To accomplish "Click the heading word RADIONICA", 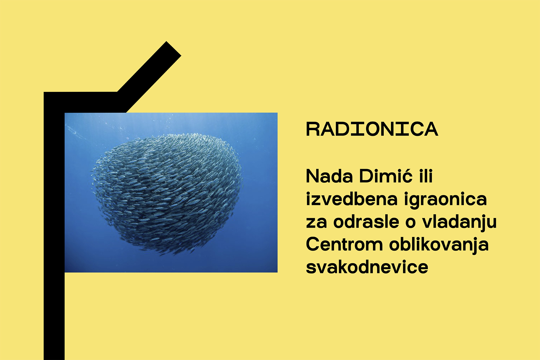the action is tap(372, 129).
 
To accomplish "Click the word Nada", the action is tap(329, 176).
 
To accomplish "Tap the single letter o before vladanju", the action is tap(410, 223).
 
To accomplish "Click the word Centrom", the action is tap(345, 244).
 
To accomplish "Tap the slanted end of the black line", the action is tap(173, 49).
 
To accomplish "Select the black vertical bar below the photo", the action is tap(54, 316).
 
